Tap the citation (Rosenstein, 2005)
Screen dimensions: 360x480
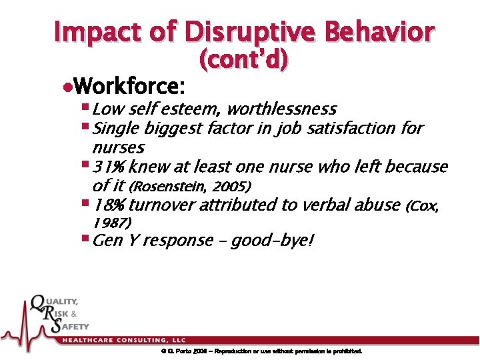point(189,185)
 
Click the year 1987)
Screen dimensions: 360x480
point(112,222)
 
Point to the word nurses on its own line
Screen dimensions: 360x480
point(118,146)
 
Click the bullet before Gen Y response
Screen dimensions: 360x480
point(84,239)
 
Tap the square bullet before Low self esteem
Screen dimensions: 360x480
point(84,108)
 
